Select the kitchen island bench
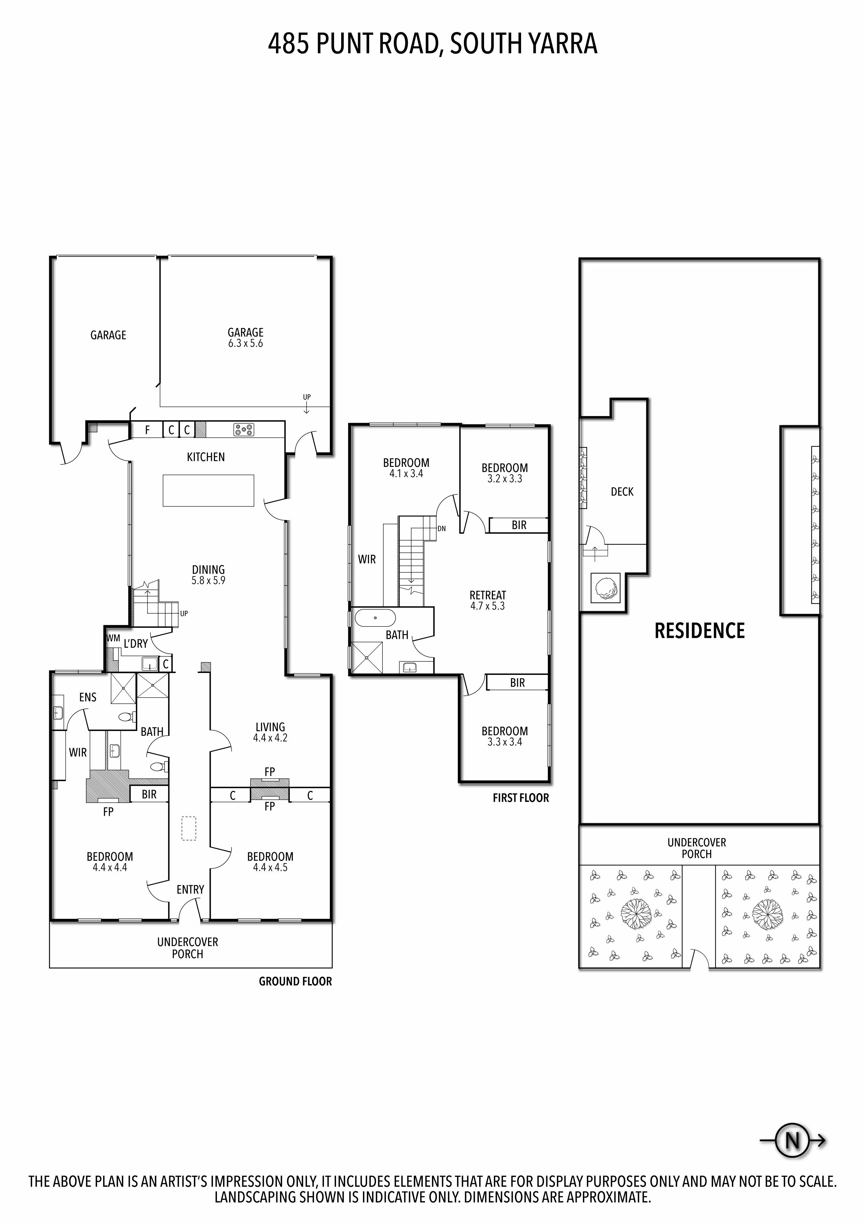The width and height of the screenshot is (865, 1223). (208, 490)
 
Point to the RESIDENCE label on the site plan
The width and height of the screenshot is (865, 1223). (699, 631)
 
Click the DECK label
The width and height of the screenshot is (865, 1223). (622, 492)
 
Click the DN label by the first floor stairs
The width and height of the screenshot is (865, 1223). (441, 529)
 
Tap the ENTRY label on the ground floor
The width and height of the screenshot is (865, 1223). (190, 889)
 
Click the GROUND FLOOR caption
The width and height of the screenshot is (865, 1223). (295, 981)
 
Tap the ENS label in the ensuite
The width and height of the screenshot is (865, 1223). (88, 697)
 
